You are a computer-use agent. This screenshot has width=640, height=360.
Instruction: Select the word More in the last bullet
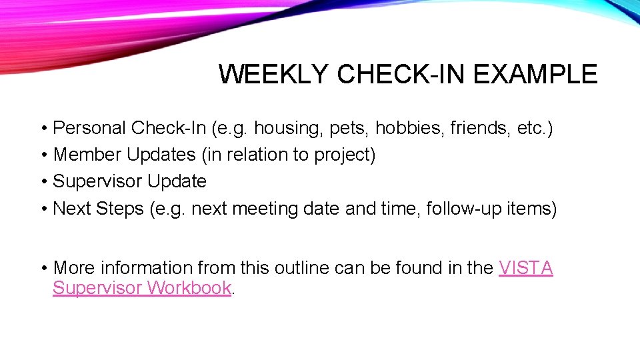(73, 268)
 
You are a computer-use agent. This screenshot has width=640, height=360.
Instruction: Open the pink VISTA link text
(525, 268)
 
